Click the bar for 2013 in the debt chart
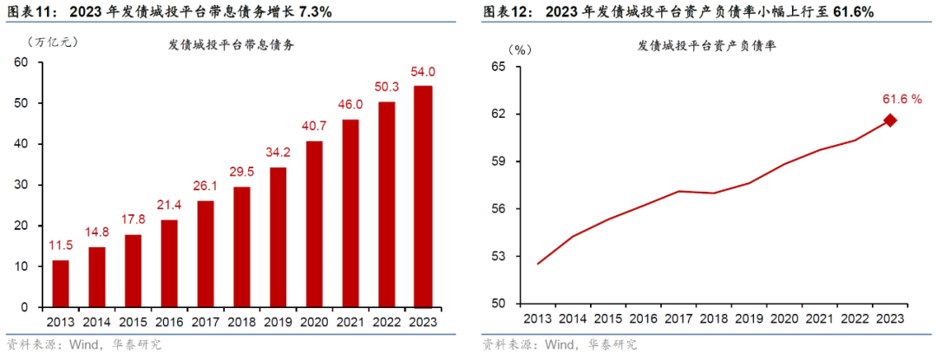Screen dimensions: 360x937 [x=61, y=284]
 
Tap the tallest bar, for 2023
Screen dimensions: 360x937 [x=423, y=197]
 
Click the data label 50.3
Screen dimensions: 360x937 [x=386, y=87]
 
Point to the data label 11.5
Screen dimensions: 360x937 [x=61, y=245]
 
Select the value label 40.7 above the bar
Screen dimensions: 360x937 [x=314, y=126]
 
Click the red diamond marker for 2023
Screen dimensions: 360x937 [x=890, y=121]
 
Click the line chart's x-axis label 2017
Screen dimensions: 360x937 [x=678, y=319]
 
